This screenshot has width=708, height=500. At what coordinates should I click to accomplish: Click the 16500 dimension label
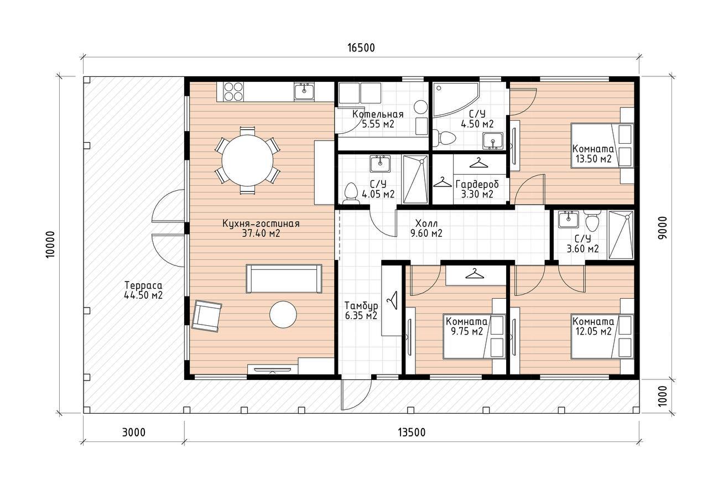(x=361, y=48)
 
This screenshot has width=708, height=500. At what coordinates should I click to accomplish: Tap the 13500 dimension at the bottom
(x=412, y=433)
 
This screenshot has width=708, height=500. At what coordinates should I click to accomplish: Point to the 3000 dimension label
(x=134, y=433)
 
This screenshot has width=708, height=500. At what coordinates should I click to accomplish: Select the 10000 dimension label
(x=50, y=245)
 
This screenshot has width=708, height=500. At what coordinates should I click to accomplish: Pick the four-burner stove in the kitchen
(x=233, y=91)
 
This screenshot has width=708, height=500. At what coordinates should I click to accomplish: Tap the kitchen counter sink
(x=304, y=91)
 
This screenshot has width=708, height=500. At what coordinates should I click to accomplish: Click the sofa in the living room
(x=284, y=279)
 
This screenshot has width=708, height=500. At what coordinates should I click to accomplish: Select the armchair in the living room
(x=207, y=316)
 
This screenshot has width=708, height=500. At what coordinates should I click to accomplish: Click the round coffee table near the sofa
(x=283, y=315)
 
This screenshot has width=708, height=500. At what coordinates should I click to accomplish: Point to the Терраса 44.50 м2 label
(x=143, y=290)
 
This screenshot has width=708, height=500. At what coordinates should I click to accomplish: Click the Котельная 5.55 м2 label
(x=378, y=119)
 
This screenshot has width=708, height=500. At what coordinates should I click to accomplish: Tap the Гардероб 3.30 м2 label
(x=477, y=189)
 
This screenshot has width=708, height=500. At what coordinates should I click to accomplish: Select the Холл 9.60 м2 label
(x=426, y=228)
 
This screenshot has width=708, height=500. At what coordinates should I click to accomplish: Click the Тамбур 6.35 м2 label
(x=361, y=311)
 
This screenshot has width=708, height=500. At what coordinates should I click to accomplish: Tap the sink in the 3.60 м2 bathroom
(x=568, y=219)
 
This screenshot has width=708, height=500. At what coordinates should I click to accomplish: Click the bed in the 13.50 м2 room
(x=602, y=145)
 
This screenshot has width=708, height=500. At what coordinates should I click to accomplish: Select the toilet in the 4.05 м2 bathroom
(x=351, y=193)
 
